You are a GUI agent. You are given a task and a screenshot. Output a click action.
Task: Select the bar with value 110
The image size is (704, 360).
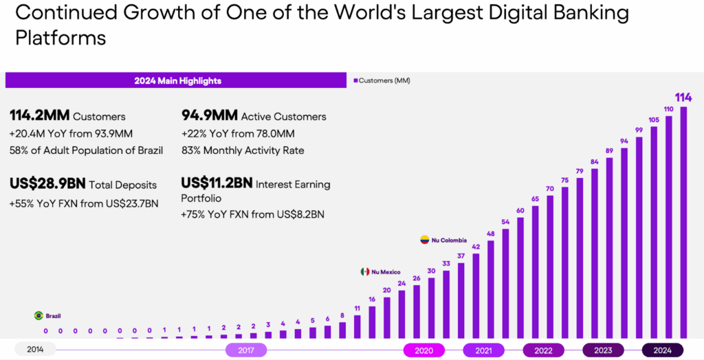668,227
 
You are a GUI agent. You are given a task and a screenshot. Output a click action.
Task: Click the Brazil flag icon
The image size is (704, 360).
38,316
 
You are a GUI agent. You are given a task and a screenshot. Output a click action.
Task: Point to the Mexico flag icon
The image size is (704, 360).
365,272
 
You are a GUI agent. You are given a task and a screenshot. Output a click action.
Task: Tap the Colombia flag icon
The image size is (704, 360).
425,240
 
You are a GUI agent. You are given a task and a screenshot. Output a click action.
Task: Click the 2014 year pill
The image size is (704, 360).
35,350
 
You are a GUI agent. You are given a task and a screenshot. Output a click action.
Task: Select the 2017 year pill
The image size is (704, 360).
245,350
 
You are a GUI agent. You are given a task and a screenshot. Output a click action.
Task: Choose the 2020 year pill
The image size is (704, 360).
423,350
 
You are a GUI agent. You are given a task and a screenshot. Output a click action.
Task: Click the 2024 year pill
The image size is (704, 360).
662,350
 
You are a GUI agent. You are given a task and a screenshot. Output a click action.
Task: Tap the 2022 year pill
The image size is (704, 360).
543,350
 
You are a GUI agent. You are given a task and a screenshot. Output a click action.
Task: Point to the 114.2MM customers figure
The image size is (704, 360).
39,115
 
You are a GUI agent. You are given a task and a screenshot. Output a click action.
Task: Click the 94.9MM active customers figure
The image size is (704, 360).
210,115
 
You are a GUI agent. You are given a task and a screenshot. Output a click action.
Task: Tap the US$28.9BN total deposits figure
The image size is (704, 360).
49,183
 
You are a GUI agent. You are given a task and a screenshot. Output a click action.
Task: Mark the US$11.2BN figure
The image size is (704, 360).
216,183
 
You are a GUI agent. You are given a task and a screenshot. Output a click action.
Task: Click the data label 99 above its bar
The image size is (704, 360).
639,131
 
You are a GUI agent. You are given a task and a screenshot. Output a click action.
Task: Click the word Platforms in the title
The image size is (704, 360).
60,38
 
